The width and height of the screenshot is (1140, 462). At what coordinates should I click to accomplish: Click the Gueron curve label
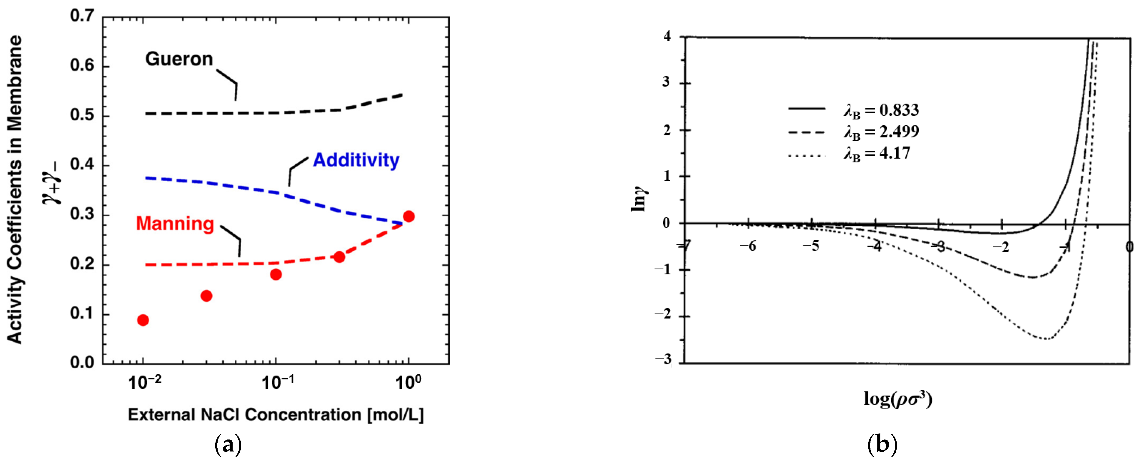[x=179, y=59]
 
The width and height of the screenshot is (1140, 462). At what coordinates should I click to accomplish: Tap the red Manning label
[x=175, y=223]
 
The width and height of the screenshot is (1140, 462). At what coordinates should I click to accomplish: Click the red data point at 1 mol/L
[x=409, y=216]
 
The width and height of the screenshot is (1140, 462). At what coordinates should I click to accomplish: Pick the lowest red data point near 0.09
[x=143, y=320]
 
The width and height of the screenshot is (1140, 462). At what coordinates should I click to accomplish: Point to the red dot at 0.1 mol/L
[x=276, y=274]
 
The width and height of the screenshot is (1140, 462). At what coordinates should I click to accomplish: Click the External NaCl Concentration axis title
[x=276, y=415]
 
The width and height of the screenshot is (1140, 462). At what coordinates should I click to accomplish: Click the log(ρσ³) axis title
[x=898, y=399]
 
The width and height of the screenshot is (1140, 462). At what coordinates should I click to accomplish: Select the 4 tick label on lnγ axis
[x=667, y=36]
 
